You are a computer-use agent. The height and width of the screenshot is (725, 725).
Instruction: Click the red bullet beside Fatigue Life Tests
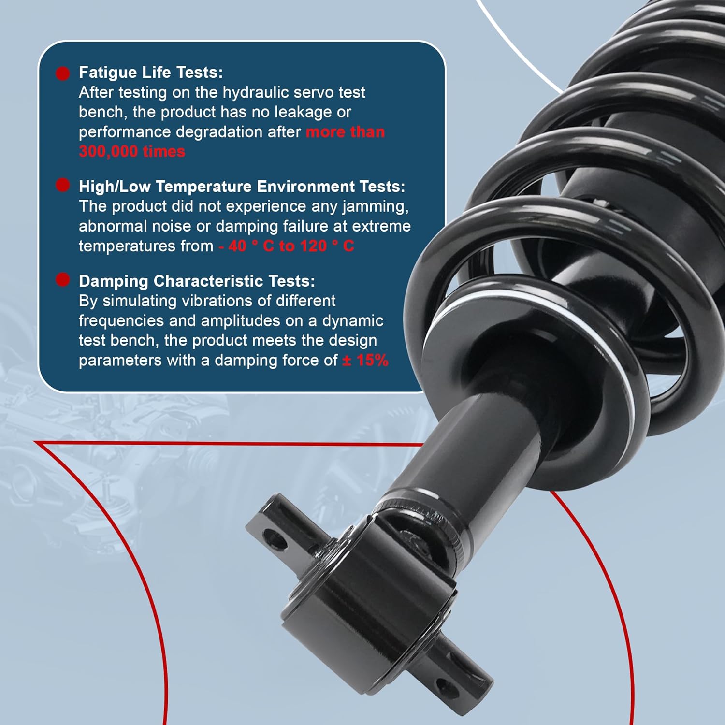(62, 73)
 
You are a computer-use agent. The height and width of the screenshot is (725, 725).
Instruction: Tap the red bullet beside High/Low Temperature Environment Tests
(62, 185)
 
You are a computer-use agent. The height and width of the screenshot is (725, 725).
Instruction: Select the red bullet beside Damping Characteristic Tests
(62, 279)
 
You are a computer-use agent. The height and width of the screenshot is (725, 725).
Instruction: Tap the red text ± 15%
(365, 360)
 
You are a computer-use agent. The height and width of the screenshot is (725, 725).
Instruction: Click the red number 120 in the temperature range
(314, 246)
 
